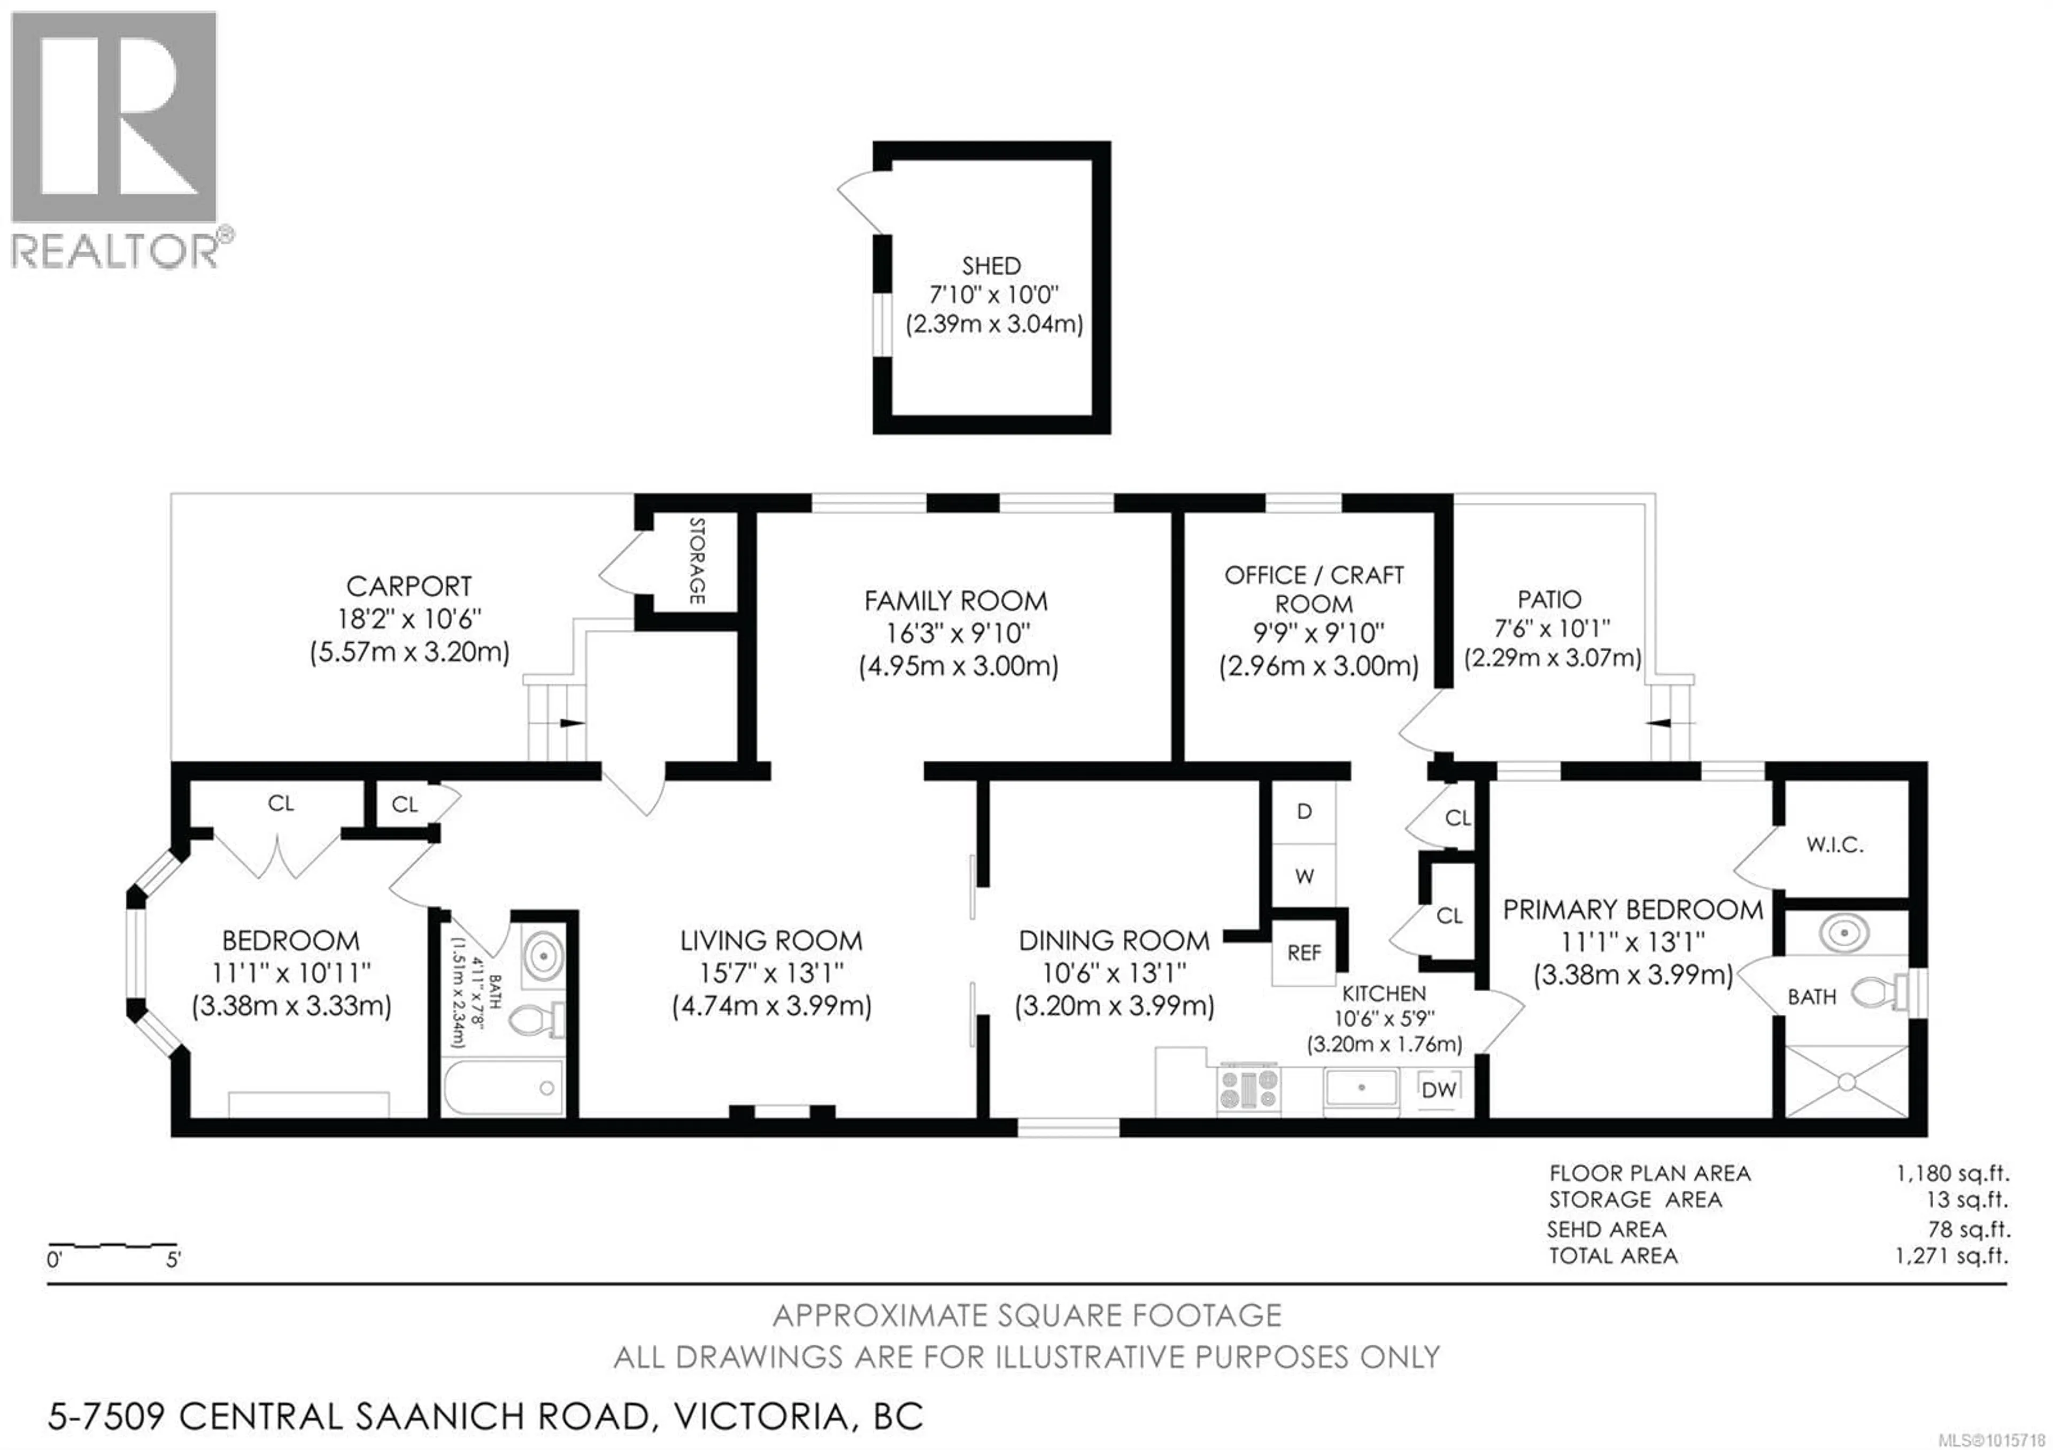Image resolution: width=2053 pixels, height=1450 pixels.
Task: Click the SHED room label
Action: [991, 266]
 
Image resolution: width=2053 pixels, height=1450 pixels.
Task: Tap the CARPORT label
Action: [408, 587]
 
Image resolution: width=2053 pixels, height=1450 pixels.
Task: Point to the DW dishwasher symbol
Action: [1439, 1090]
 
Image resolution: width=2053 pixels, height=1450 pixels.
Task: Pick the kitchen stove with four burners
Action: [1248, 1089]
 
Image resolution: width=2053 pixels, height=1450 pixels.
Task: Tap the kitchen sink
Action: [1362, 1088]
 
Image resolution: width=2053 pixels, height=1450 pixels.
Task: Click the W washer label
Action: [1305, 876]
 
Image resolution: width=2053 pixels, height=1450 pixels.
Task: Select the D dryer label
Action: [1305, 812]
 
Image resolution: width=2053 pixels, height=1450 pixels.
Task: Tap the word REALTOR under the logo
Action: [114, 250]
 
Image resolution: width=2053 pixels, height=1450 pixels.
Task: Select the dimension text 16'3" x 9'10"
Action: [958, 634]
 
